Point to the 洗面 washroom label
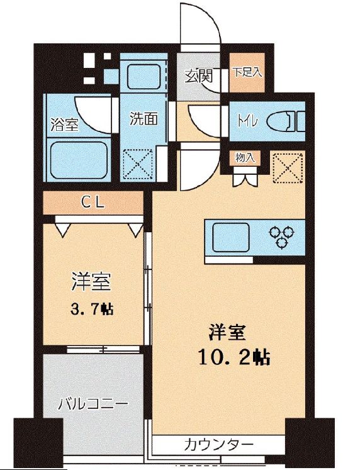click(x=143, y=118)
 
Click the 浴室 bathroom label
click(x=64, y=124)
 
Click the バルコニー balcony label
click(x=94, y=403)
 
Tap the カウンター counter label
click(x=219, y=445)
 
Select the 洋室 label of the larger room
click(x=227, y=331)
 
